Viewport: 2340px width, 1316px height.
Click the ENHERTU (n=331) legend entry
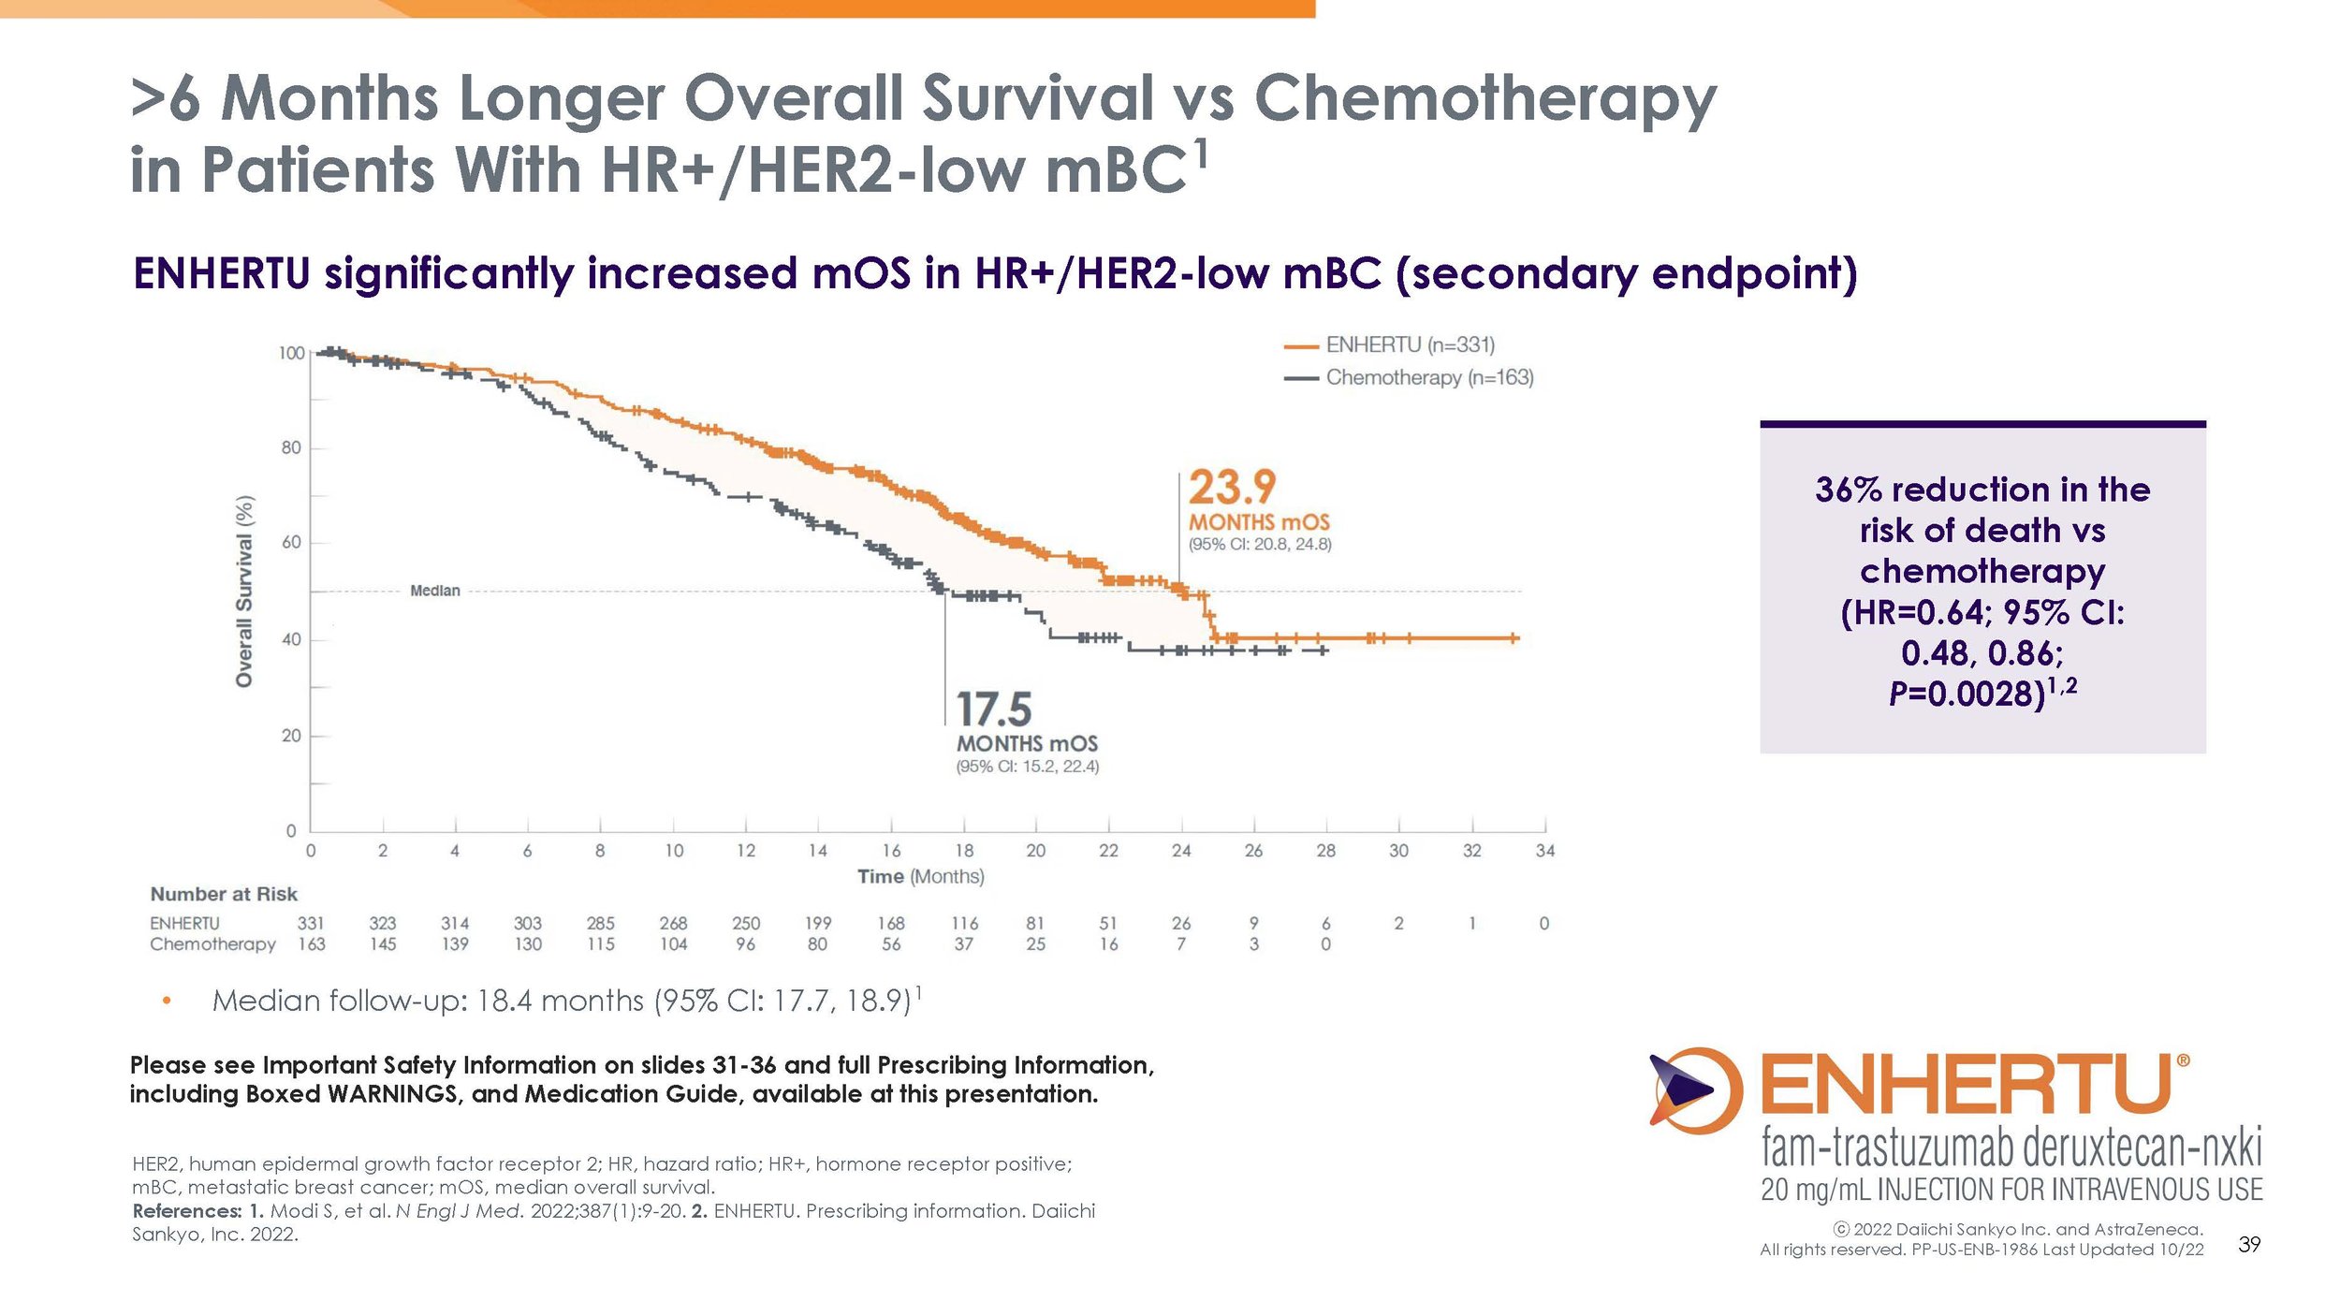click(1410, 345)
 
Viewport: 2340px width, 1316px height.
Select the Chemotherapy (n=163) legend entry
click(1428, 378)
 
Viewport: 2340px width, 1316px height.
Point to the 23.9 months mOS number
click(1232, 488)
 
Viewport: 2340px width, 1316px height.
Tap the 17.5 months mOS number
click(993, 709)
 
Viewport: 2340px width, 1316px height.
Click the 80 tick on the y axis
click(291, 448)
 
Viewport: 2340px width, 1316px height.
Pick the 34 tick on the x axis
click(1544, 851)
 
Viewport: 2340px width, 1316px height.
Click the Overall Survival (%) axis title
click(244, 592)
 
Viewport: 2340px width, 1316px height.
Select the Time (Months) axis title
click(920, 877)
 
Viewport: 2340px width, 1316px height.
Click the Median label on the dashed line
click(435, 591)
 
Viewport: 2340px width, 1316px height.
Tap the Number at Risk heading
click(224, 895)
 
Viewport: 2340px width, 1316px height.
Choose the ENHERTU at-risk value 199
click(817, 924)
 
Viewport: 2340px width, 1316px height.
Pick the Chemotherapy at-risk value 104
click(673, 945)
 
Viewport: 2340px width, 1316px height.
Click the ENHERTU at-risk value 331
click(311, 924)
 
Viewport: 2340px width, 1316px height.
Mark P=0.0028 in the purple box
click(1966, 695)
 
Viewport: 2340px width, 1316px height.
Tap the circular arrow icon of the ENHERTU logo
click(1695, 1090)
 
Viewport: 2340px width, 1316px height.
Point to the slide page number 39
click(2249, 1245)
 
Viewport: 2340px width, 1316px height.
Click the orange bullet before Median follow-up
click(167, 1002)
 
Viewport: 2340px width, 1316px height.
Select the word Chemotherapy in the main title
click(1484, 98)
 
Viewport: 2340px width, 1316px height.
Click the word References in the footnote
click(186, 1211)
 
